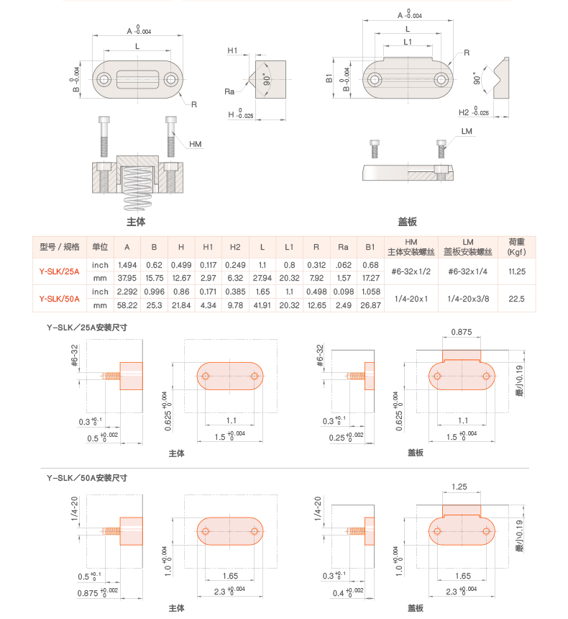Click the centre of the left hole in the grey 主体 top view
(x=104, y=80)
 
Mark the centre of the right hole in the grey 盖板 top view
(x=441, y=80)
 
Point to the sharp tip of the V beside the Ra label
(x=249, y=80)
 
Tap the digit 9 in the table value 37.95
(x=129, y=279)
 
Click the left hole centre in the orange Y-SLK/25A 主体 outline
(x=205, y=376)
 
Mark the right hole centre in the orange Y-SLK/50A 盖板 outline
(x=486, y=531)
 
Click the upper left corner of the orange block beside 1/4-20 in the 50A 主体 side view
(x=120, y=518)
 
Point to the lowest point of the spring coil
(x=137, y=211)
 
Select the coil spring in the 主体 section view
(x=137, y=189)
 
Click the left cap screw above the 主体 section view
(x=104, y=136)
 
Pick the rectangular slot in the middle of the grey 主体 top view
(x=137, y=80)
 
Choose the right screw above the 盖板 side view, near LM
(x=441, y=149)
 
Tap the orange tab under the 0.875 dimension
(x=462, y=356)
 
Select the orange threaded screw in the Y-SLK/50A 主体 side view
(x=111, y=531)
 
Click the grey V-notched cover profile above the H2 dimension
(x=501, y=78)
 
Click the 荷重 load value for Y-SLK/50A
(x=516, y=299)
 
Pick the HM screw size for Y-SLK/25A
(x=411, y=271)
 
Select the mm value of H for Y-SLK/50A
(x=181, y=305)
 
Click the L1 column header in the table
(x=289, y=247)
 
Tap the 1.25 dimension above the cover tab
(x=459, y=487)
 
